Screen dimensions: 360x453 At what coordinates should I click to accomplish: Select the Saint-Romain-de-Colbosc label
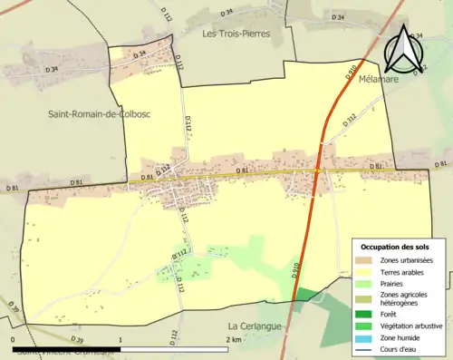tap(87, 113)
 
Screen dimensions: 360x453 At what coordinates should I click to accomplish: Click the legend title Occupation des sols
tap(396, 247)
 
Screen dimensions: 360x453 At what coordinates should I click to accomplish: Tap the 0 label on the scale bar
tap(14, 338)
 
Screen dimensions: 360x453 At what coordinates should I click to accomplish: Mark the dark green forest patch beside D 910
tap(308, 294)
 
